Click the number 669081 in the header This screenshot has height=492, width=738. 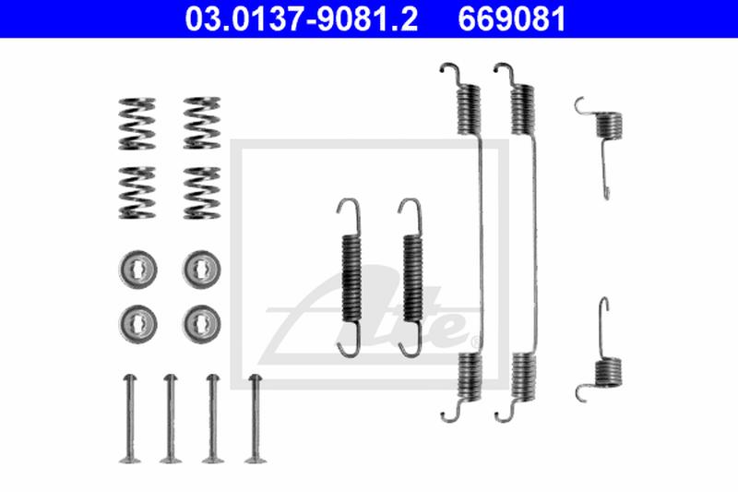(512, 18)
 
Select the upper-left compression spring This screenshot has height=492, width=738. (137, 122)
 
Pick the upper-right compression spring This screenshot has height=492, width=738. (201, 122)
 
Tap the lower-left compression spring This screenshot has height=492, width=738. (137, 192)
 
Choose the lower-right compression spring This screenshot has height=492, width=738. (201, 192)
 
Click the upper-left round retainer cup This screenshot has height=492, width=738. (137, 269)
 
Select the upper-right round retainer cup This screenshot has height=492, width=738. (201, 269)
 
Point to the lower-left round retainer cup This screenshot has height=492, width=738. (137, 321)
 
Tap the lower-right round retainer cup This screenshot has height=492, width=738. (201, 321)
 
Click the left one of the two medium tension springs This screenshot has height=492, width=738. (351, 277)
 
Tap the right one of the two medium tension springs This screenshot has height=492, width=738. (411, 277)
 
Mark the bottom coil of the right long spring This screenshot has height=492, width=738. (522, 378)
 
